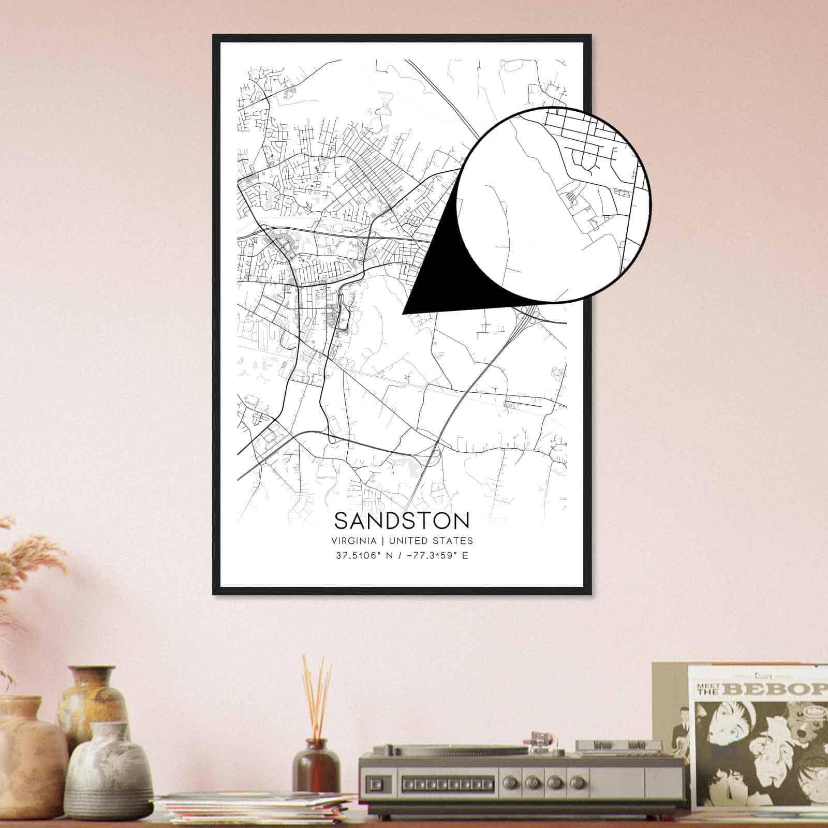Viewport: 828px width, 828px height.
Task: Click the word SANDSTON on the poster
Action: click(402, 521)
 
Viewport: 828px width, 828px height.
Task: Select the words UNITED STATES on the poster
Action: click(431, 541)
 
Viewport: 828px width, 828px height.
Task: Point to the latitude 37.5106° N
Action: click(365, 556)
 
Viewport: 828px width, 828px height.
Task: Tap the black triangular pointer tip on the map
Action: click(404, 313)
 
